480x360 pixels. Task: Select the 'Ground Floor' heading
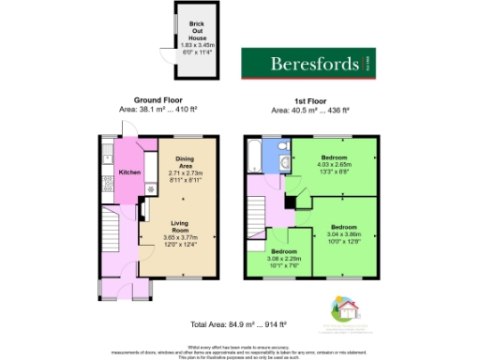coord(157,99)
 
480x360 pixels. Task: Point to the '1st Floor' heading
coord(310,99)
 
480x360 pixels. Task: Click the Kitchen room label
coord(128,172)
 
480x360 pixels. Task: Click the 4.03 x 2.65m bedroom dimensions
coord(335,166)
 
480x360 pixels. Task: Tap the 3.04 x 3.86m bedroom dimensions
coord(342,234)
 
